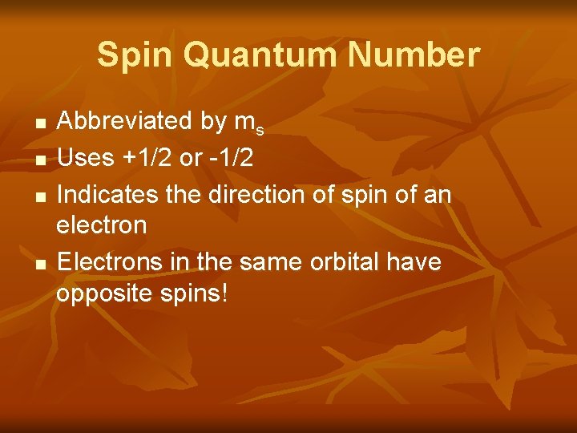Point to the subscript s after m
click(260, 128)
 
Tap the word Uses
click(86, 158)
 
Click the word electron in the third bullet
click(102, 225)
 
